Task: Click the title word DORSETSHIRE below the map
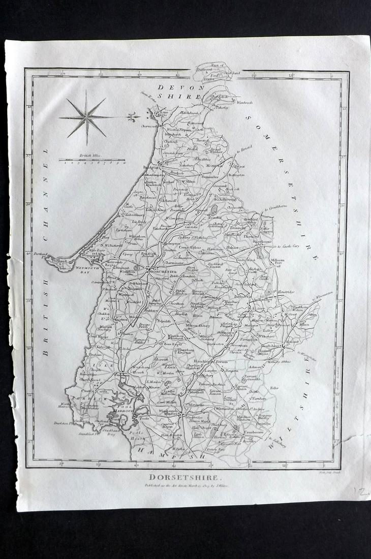[185, 477]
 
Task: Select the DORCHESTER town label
[163, 272]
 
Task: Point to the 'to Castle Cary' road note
[291, 246]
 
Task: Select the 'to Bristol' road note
[244, 148]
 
